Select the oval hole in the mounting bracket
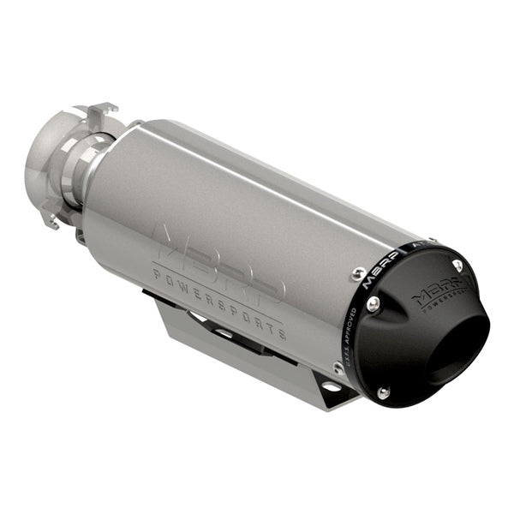332,387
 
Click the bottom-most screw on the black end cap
383,392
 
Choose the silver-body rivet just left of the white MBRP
358,275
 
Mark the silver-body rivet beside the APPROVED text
338,367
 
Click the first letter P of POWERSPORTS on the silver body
157,272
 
